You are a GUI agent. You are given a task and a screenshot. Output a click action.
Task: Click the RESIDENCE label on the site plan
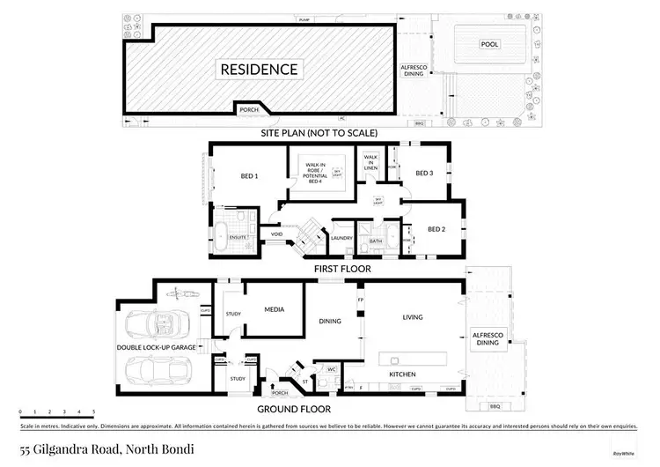(259, 69)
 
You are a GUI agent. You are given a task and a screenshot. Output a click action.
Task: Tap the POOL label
(488, 44)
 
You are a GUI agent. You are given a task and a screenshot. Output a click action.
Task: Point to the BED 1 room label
(249, 176)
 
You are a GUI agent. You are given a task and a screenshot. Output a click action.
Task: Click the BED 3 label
(425, 173)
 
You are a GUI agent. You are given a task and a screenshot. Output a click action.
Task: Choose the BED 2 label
(437, 229)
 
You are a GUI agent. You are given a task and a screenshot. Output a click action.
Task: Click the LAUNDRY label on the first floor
(341, 238)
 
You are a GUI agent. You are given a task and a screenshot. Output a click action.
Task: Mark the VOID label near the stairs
(276, 234)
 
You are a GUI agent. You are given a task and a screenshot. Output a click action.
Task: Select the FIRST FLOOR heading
(342, 268)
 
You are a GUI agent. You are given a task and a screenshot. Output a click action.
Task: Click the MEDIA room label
(272, 310)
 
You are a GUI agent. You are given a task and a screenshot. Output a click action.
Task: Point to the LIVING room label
(413, 317)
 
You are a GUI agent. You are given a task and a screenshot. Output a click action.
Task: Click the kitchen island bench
(413, 358)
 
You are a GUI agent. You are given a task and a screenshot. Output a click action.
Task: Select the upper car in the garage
(158, 326)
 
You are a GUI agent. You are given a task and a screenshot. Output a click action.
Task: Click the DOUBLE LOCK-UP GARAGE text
(157, 347)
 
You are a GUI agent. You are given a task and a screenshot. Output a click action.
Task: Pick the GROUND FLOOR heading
(293, 409)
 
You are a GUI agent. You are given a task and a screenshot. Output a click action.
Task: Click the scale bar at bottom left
(55, 413)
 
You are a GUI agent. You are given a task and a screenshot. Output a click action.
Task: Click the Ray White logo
(624, 427)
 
